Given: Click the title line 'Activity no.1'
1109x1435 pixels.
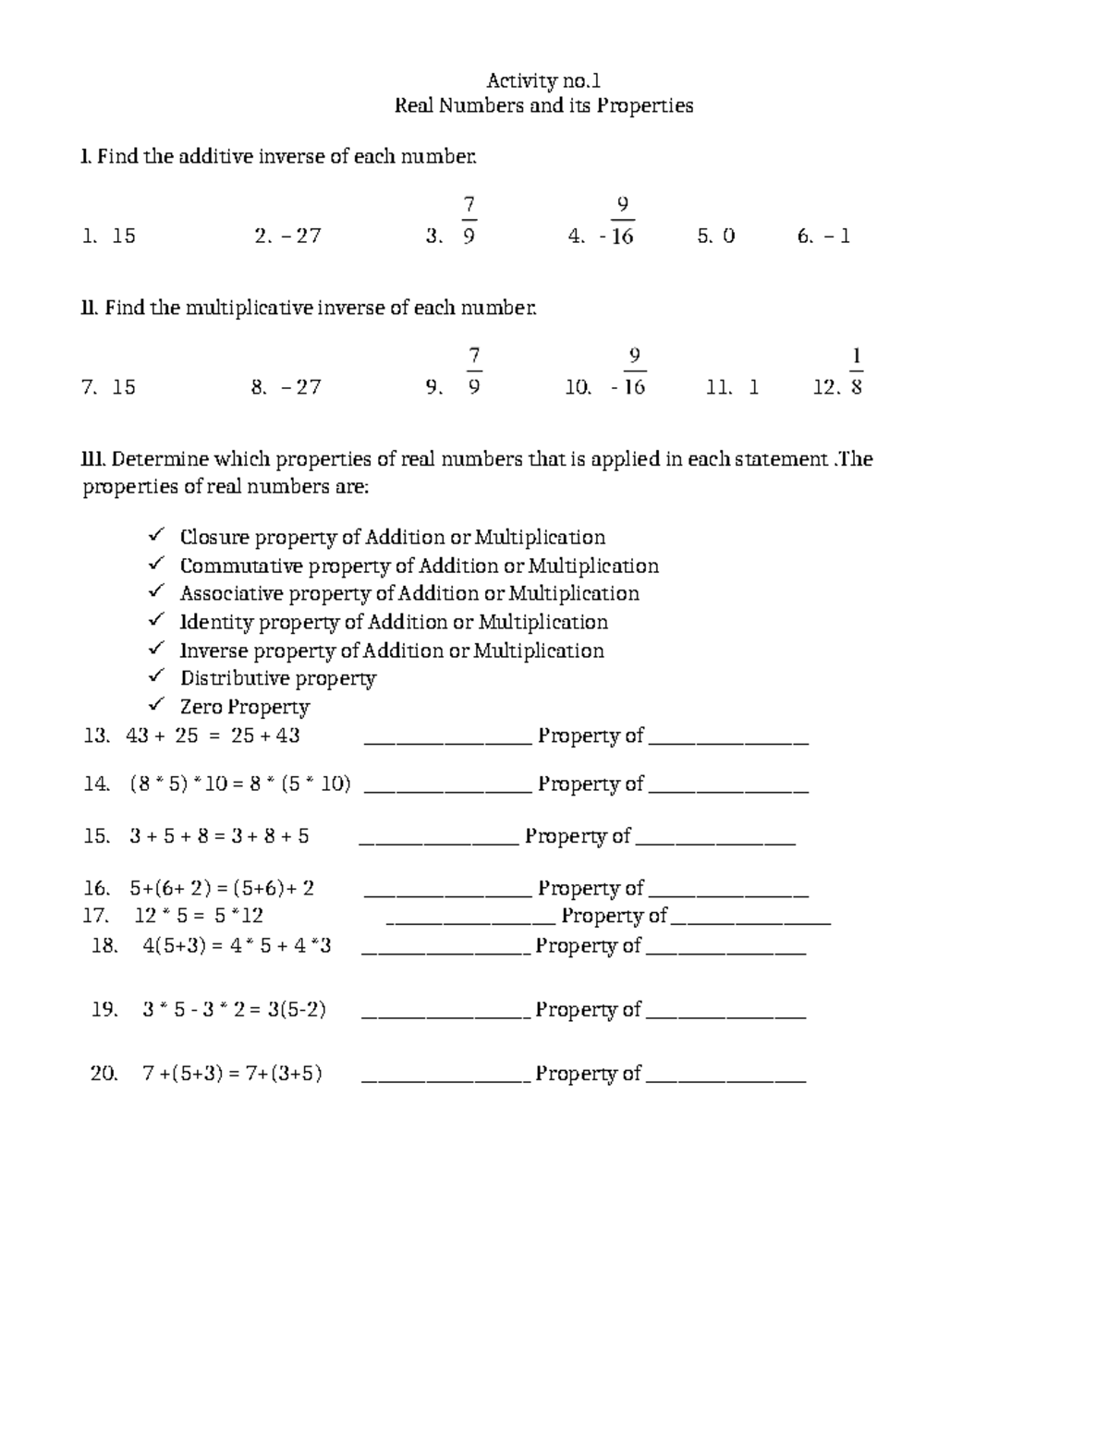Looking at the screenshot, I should point(543,80).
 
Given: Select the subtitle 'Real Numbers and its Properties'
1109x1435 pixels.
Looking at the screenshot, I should point(543,105).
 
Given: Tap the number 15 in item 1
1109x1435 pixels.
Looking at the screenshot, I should point(124,237).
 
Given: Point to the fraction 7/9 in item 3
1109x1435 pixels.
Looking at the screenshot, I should point(469,221).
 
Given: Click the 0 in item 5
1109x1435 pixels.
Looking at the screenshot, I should point(728,237).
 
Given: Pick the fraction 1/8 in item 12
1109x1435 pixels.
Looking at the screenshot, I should point(857,372).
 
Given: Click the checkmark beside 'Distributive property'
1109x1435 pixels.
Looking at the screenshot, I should point(157,677).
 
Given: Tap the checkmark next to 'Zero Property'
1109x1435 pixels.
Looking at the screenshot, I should point(157,706).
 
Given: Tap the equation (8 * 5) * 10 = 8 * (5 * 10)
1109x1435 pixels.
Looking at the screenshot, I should point(240,784).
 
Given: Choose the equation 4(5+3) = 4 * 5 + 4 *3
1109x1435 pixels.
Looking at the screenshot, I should point(237,946).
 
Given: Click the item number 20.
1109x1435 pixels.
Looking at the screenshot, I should point(104,1074).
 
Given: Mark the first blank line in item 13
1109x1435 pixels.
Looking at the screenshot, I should point(448,741).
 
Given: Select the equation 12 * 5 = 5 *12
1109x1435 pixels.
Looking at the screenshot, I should point(199,917).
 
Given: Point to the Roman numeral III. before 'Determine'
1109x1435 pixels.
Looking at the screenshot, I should point(95,460).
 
